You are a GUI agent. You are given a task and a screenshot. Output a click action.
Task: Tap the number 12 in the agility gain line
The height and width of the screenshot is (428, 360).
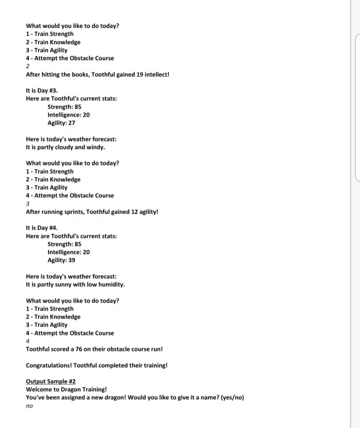[x=134, y=212]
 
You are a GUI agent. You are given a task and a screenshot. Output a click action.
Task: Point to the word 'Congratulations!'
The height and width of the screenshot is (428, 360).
[x=51, y=365]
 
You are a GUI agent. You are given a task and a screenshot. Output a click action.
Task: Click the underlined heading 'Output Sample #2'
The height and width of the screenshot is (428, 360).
[x=52, y=381]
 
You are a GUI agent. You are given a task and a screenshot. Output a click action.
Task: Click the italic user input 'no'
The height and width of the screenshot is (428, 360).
[x=29, y=406]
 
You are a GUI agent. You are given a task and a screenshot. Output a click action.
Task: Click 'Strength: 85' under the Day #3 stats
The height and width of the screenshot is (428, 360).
[x=65, y=107]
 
